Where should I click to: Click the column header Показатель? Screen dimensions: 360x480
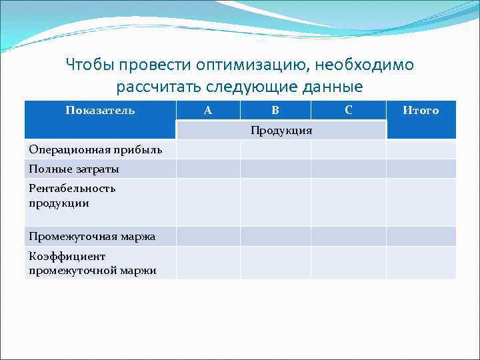tap(100, 111)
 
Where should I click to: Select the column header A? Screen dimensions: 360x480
tap(208, 111)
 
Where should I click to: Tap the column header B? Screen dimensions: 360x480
tap(275, 111)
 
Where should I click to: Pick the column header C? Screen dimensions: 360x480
tap(349, 111)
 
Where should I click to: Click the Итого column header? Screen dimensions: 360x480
tap(421, 111)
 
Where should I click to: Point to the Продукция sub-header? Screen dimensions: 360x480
tap(281, 130)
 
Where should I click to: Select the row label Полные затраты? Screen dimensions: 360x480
tap(74, 169)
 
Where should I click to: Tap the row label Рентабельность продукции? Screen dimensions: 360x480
tap(72, 195)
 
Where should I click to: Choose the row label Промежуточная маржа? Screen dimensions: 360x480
tap(92, 236)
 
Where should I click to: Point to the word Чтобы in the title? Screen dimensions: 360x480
tap(89, 65)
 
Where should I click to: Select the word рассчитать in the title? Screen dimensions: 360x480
tap(157, 87)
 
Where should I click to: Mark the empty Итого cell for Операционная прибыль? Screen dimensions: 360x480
tap(421, 149)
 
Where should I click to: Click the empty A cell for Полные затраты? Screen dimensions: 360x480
tap(208, 169)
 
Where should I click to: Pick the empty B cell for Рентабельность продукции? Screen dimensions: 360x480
tap(275, 201)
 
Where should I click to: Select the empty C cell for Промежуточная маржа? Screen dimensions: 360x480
tap(349, 236)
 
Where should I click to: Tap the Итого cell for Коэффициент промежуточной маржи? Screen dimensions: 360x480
tap(421, 263)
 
